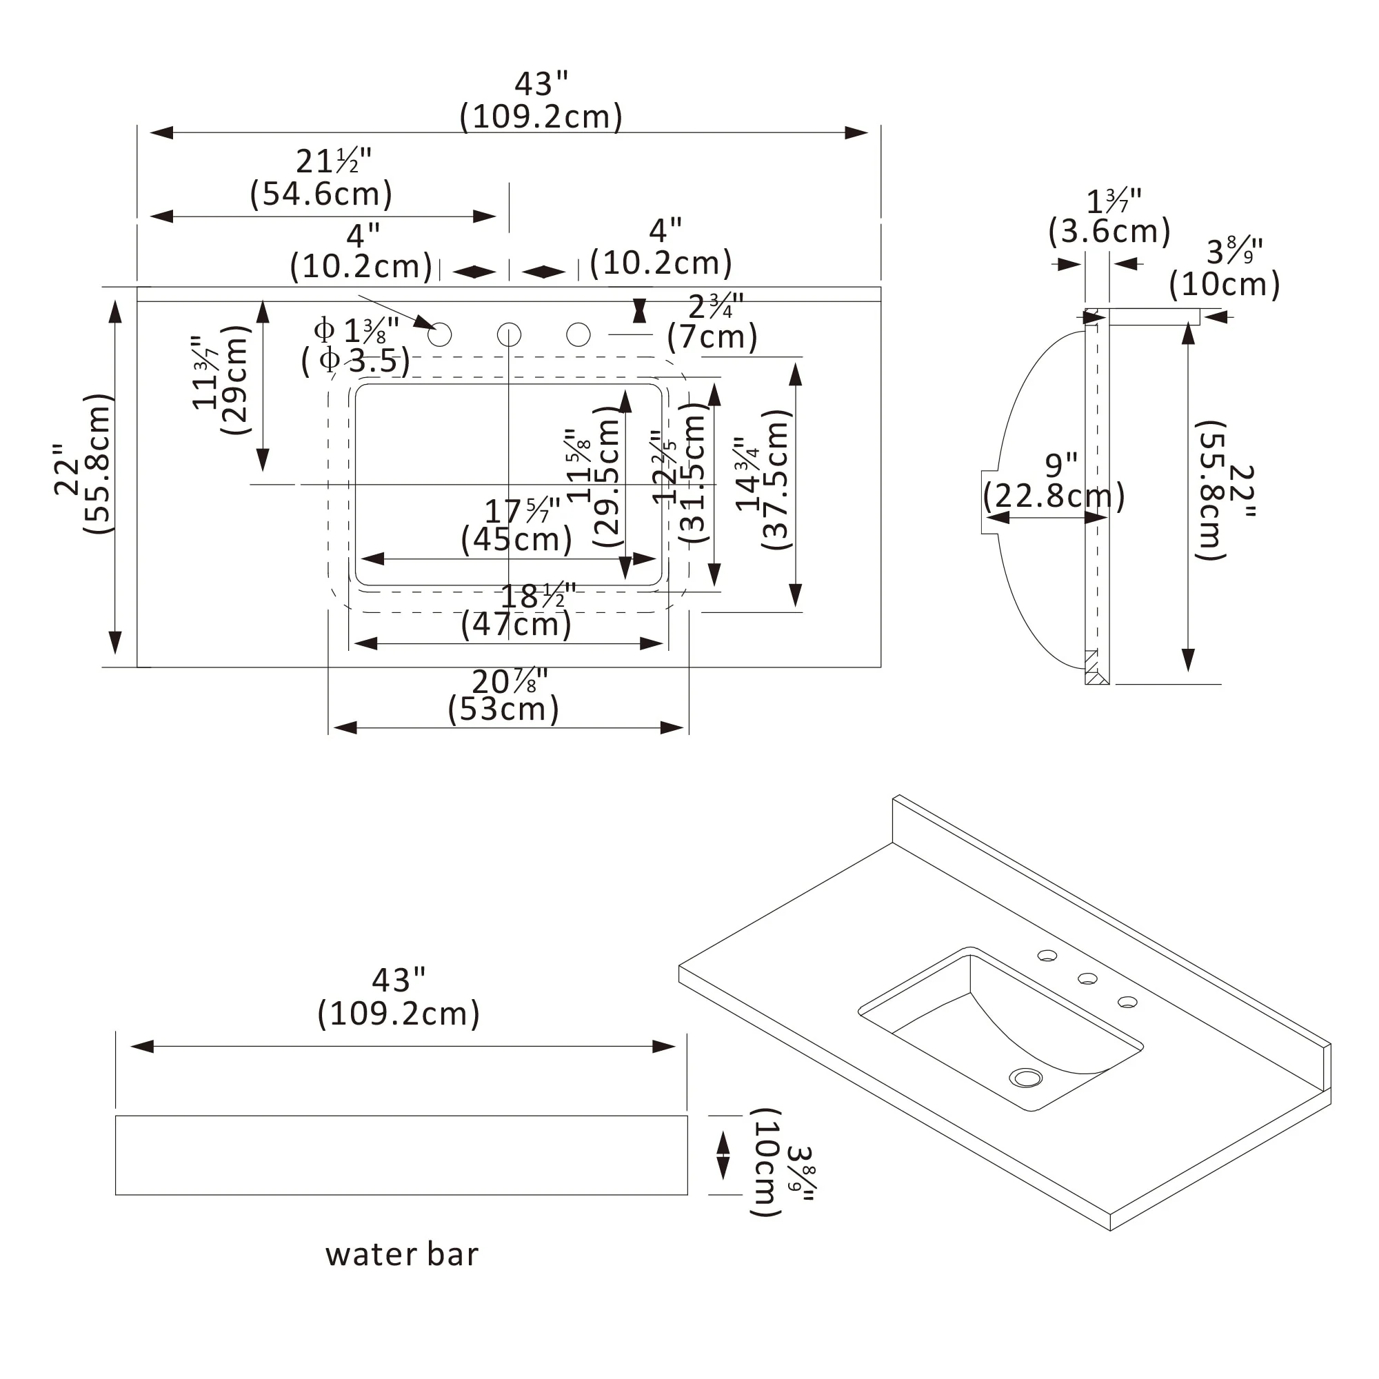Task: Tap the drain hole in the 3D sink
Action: tap(1026, 1077)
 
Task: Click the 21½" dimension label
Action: tap(333, 161)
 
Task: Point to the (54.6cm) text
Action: tap(321, 194)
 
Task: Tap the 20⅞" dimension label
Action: tap(509, 681)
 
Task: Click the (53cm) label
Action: tap(503, 709)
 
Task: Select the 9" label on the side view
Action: tap(1060, 465)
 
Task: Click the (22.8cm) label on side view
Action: tap(1054, 495)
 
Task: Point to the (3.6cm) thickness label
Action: tap(1109, 232)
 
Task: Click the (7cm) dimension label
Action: tap(712, 337)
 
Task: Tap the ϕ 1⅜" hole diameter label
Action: tap(356, 330)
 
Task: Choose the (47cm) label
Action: tap(516, 625)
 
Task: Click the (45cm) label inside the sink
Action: tap(516, 540)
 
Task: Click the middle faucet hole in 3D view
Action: tap(1087, 978)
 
